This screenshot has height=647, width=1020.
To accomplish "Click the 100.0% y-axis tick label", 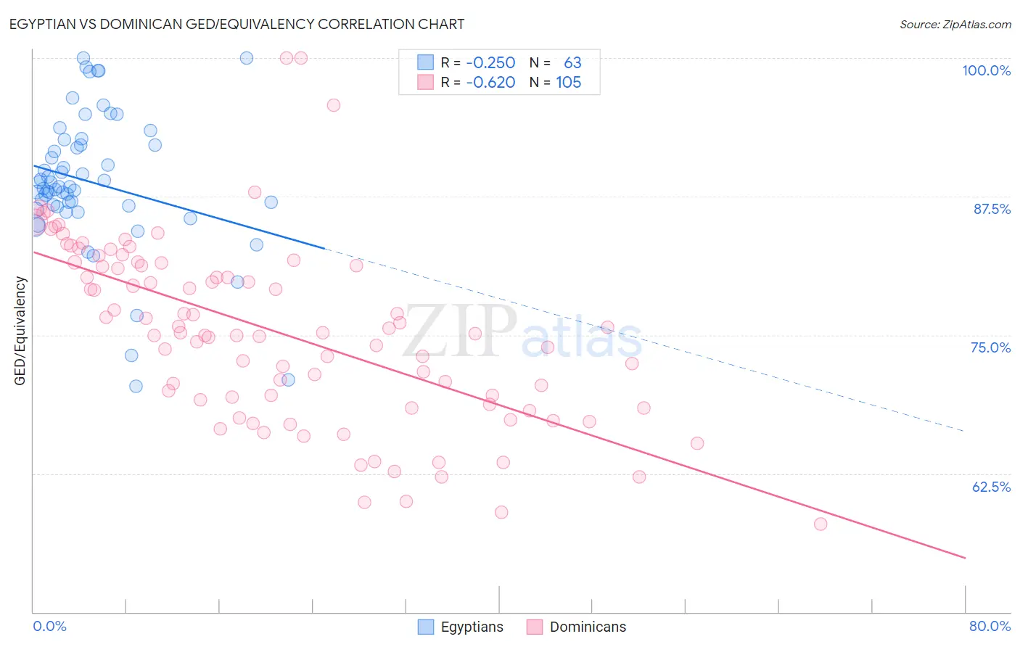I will (986, 70).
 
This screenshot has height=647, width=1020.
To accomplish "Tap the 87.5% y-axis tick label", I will (992, 209).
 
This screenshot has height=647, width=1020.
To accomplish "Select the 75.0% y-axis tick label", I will (990, 347).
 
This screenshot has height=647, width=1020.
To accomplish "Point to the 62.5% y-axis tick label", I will (991, 487).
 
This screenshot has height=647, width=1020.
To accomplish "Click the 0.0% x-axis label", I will (49, 626).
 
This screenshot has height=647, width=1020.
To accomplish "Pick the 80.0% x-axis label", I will (990, 626).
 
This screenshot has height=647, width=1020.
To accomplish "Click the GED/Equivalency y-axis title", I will (20, 331).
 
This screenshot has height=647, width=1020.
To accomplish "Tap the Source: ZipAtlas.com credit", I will (955, 24).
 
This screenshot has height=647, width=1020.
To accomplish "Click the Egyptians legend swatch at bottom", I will (426, 627).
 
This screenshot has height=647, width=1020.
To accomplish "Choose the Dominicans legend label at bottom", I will (588, 627).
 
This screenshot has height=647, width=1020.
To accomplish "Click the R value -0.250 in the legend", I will (490, 63).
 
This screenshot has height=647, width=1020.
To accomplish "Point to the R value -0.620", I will (490, 83).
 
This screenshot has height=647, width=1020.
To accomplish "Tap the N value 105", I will (569, 83).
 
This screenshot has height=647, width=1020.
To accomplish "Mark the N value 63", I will (572, 63).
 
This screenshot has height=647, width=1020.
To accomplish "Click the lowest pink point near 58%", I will (820, 524).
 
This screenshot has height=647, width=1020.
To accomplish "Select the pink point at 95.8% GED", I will (334, 105).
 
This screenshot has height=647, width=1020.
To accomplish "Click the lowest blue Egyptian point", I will (136, 386).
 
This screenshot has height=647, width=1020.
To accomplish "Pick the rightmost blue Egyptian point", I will (288, 379).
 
